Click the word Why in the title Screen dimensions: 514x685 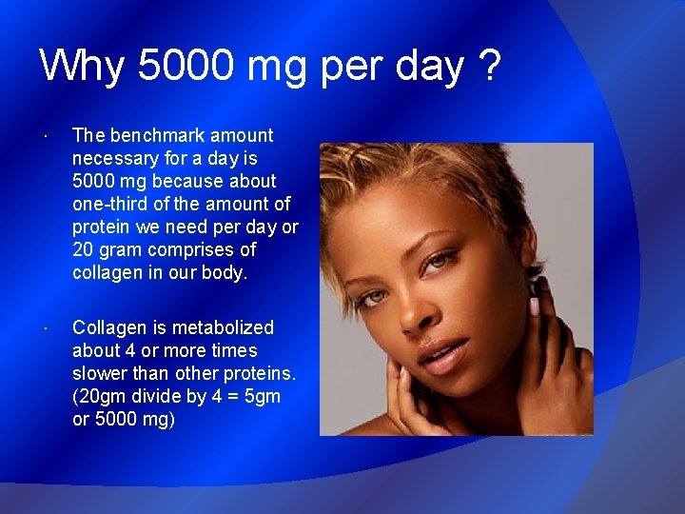(82, 67)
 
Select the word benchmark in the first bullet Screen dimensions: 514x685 (164, 135)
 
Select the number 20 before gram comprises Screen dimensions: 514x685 (83, 249)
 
